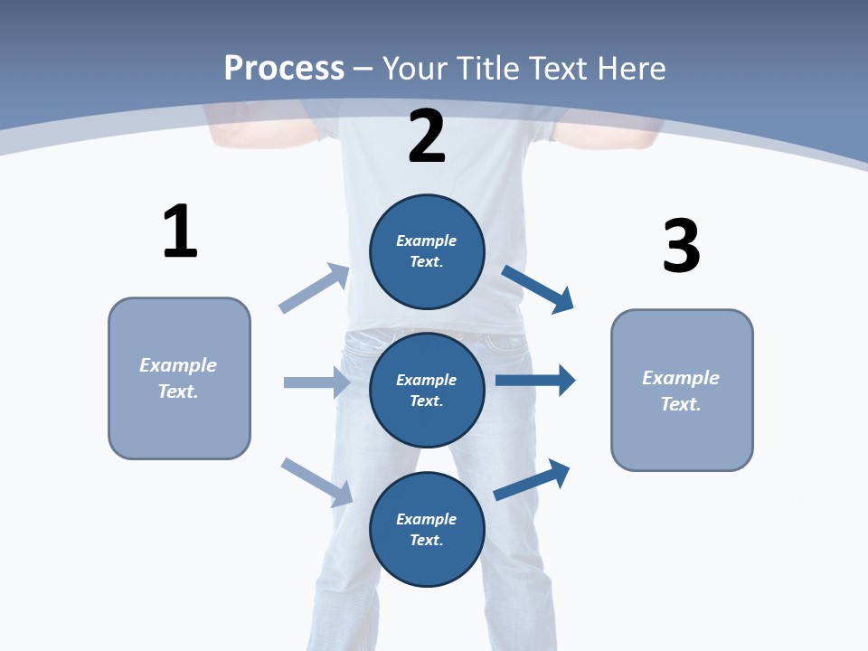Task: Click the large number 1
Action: tap(180, 231)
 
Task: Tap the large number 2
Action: tap(427, 137)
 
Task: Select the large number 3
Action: tap(681, 247)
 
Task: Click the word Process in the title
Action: tap(284, 68)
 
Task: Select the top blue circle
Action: tap(427, 251)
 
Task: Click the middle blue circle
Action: tap(427, 391)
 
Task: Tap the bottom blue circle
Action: tap(427, 530)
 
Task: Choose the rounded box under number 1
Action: tap(179, 378)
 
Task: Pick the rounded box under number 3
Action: tap(682, 390)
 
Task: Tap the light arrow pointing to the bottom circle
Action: tap(317, 482)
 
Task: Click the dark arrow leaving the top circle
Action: tap(538, 289)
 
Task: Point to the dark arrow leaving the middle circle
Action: tap(535, 381)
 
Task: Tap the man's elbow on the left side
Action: tap(217, 136)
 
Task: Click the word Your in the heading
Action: tap(415, 68)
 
